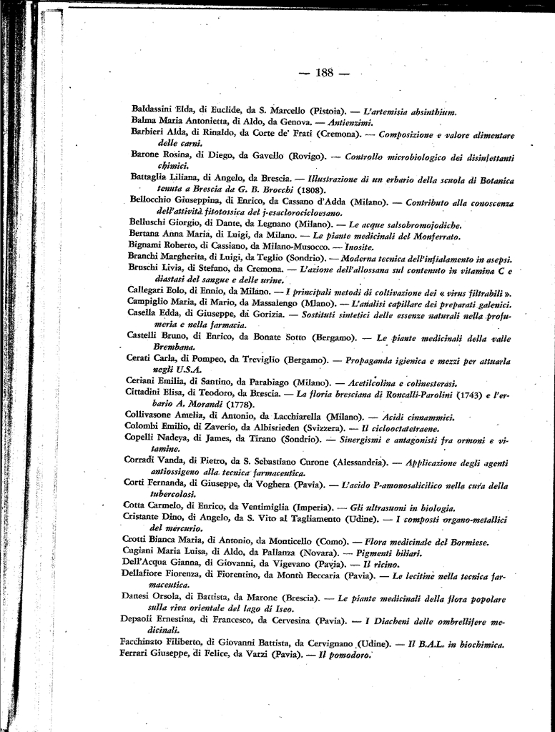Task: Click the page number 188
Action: point(325,72)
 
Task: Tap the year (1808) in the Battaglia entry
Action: point(311,189)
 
